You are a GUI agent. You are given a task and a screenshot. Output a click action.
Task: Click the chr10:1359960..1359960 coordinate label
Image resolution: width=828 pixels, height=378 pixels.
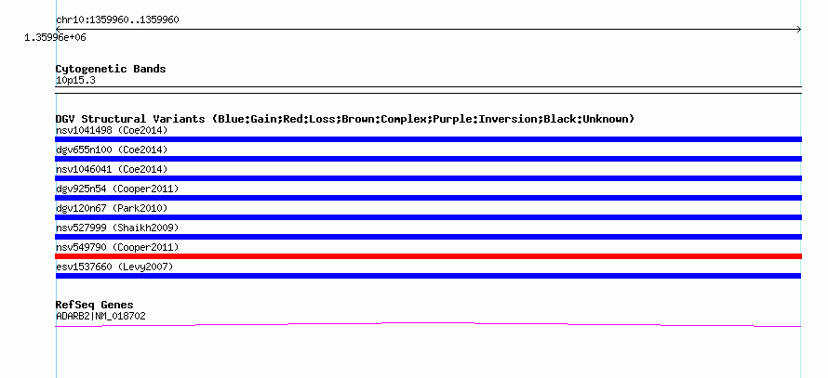(x=117, y=20)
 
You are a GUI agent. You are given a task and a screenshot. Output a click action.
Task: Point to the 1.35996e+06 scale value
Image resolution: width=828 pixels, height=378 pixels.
(x=55, y=38)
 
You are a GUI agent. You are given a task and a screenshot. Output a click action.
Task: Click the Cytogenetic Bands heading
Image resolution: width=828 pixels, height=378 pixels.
(x=111, y=69)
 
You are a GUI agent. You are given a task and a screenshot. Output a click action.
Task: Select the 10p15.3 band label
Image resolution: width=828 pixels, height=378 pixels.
(x=75, y=81)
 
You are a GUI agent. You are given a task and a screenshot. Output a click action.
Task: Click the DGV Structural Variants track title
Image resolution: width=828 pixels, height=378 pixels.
(x=344, y=119)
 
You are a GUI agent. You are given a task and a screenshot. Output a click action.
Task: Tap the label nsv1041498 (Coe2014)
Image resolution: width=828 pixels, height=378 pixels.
(x=112, y=130)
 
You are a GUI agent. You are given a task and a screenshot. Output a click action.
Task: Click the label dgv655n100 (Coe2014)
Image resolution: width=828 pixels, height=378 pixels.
(x=112, y=150)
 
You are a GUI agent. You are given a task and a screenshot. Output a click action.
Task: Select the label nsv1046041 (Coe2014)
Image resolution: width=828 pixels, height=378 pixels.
(x=112, y=169)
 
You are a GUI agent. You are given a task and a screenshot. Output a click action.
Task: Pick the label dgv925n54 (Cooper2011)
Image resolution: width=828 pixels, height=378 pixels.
(x=117, y=189)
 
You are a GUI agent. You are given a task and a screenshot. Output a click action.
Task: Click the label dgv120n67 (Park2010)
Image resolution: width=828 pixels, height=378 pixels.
(x=112, y=208)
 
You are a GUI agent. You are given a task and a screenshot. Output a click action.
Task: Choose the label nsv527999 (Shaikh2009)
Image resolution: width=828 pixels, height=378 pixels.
(x=117, y=228)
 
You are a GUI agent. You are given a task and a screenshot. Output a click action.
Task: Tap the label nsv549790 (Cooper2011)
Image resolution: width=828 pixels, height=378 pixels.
(x=117, y=247)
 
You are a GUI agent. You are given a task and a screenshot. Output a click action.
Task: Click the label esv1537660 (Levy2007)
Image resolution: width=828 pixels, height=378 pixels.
(x=114, y=267)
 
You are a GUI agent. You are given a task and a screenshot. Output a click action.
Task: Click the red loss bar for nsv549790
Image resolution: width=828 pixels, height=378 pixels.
(x=428, y=256)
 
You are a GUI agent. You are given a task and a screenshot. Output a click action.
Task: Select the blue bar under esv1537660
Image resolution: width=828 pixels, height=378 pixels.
(x=428, y=276)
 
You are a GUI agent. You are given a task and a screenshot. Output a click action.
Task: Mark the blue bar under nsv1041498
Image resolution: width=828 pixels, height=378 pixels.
(x=428, y=139)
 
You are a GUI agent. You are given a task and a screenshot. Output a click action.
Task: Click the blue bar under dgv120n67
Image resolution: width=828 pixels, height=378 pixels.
(x=428, y=217)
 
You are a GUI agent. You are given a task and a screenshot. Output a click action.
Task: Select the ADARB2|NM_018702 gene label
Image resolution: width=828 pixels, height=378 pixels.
(x=100, y=317)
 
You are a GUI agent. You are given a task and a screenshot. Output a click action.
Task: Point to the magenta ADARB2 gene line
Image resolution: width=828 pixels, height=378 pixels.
(x=428, y=322)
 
